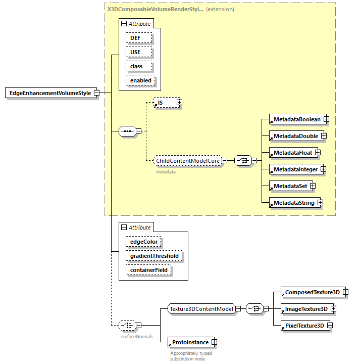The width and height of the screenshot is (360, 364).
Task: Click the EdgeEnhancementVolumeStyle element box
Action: (x=50, y=93)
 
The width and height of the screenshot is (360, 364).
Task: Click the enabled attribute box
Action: (x=141, y=80)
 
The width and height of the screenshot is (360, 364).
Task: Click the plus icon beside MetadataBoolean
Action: (x=326, y=119)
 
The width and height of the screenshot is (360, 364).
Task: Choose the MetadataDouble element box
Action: (x=295, y=136)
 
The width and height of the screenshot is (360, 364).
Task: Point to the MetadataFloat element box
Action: (x=292, y=153)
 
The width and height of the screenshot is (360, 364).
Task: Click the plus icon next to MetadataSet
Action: (x=313, y=186)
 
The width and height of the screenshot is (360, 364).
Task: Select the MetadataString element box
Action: (x=293, y=203)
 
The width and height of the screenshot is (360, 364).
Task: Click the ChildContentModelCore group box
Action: (x=187, y=161)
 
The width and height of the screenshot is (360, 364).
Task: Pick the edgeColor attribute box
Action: (x=144, y=242)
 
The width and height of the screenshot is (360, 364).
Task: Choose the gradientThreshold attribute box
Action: (x=154, y=256)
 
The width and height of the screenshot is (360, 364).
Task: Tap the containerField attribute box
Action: (x=148, y=270)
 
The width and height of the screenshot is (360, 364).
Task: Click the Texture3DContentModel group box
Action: (x=201, y=309)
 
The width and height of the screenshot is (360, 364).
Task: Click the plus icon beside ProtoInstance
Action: (x=214, y=342)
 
